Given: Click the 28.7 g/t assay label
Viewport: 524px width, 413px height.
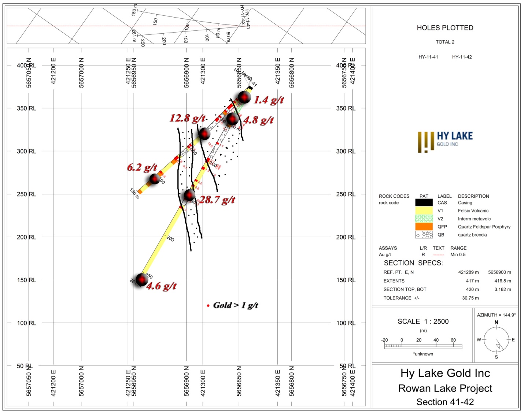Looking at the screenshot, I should click(217, 200).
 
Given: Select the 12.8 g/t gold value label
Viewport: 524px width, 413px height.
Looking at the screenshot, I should click(187, 118).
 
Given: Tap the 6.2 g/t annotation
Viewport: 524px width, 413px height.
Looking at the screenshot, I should click(142, 167).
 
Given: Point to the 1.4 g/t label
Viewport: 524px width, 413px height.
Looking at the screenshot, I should click(269, 100).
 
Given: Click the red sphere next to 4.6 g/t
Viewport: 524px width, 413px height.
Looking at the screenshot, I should click(141, 279).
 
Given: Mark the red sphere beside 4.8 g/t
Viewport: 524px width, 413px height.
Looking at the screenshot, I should click(232, 119).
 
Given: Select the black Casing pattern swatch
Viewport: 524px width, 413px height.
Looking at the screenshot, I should click(424, 202).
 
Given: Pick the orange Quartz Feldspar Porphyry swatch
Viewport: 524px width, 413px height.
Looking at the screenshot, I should click(424, 227).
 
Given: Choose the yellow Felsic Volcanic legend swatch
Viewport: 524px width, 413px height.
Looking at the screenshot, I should click(424, 211).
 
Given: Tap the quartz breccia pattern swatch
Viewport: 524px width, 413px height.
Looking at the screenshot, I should click(424, 235).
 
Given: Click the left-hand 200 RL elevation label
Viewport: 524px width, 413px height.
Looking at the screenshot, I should click(26, 237).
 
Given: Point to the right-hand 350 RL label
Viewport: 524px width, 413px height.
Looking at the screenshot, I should click(346, 108).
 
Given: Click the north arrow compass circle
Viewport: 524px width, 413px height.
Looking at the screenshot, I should click(496, 340).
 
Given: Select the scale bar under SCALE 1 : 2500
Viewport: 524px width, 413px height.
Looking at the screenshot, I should click(423, 346).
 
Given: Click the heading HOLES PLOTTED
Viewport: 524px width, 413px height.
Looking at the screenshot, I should click(445, 28).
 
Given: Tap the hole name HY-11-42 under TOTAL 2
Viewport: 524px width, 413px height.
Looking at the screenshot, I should click(462, 57).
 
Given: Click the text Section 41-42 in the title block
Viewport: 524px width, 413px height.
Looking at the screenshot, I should click(445, 402).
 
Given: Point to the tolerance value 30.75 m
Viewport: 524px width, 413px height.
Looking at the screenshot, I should click(470, 298).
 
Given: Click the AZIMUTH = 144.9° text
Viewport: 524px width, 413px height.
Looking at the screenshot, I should click(496, 315).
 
